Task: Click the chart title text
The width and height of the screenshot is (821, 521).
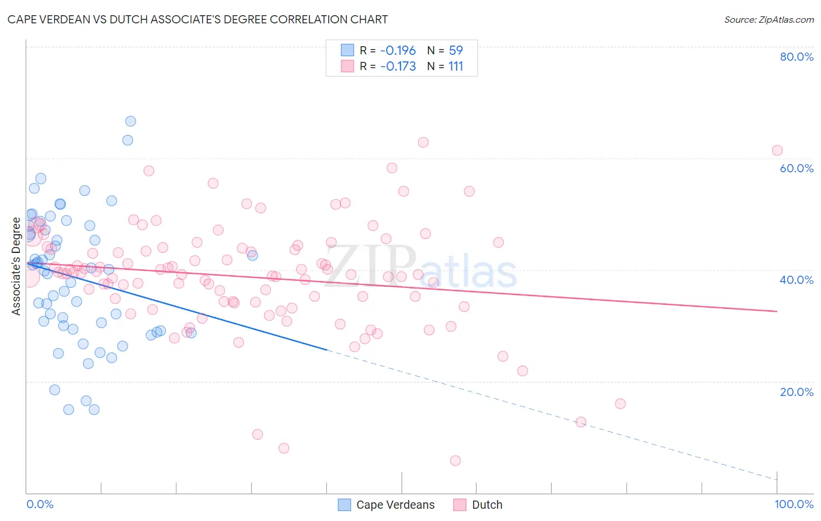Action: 197,19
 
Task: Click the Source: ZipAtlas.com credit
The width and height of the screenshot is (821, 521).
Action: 768,19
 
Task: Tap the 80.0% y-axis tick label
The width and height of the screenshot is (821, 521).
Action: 796,57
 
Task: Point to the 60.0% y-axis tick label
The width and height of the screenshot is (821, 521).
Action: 796,168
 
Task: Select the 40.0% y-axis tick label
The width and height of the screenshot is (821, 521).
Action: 796,280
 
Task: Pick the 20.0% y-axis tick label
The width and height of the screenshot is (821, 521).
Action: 796,391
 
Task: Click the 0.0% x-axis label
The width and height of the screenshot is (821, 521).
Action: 40,504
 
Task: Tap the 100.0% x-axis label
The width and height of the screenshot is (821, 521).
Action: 794,504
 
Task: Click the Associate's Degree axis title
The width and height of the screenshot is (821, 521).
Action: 16,266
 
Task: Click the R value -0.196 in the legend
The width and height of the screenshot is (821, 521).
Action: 398,50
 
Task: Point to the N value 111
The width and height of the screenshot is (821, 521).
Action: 455,66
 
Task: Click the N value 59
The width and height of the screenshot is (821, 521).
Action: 455,50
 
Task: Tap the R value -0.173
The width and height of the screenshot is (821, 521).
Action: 398,66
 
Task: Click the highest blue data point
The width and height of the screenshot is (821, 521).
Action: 131,121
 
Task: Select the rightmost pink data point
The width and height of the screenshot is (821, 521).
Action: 777,150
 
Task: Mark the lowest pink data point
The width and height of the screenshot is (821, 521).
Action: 455,460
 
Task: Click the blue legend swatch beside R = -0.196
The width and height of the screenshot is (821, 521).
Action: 347,50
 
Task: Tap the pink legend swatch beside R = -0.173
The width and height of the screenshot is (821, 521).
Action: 347,66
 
